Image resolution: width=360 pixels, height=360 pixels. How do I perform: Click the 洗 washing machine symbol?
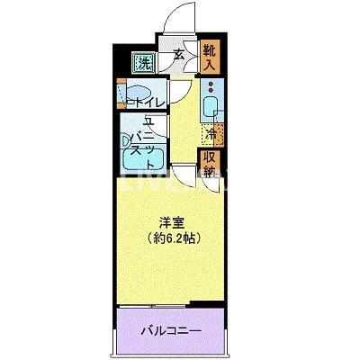coord(143,63)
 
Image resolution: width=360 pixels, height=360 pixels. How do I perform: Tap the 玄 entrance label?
coord(179,56)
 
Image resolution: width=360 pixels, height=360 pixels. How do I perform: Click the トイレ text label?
coord(147,103)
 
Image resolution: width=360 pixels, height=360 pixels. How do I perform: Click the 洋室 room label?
coord(175,222)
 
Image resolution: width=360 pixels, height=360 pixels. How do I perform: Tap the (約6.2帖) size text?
coord(175,238)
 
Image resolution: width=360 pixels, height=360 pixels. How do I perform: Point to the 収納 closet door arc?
coord(212,185)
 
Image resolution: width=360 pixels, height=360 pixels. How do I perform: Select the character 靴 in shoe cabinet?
coord(209,49)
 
